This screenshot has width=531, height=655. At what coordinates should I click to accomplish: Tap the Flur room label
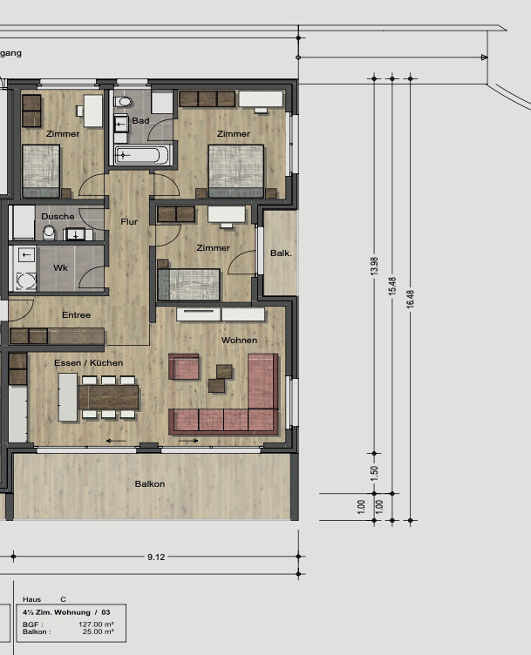click(129, 222)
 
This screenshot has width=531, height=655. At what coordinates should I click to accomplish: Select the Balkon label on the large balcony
click(149, 483)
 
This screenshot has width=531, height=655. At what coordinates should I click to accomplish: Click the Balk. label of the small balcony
click(281, 253)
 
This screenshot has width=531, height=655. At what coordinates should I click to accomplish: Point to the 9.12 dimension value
click(156, 557)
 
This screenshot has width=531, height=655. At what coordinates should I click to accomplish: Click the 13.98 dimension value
click(374, 266)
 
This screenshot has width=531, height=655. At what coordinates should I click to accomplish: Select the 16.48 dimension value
click(410, 298)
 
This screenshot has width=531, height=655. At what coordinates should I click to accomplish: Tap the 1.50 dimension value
click(374, 473)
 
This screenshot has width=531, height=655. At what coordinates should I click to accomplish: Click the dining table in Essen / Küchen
click(109, 397)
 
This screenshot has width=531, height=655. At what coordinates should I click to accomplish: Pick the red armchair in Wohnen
click(184, 367)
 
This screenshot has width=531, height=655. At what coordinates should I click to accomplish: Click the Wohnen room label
click(239, 340)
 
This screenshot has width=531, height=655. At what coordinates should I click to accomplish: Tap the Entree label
click(76, 315)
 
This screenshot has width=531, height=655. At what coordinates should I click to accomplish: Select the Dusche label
click(58, 216)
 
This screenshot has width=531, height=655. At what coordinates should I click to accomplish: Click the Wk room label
click(60, 267)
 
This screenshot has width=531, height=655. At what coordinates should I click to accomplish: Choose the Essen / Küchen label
click(88, 362)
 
